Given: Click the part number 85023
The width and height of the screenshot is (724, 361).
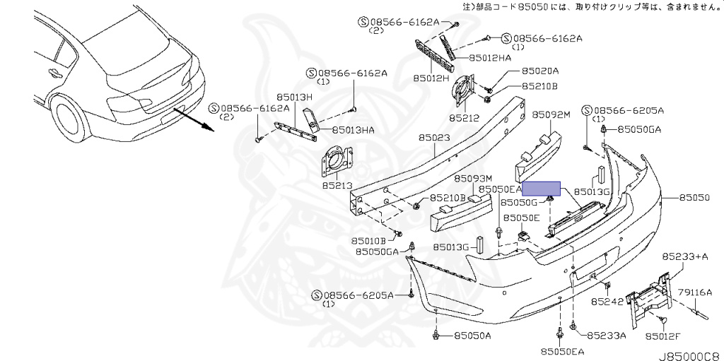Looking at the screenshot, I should click(x=433, y=138).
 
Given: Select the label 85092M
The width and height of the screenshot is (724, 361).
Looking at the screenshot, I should click(x=551, y=114).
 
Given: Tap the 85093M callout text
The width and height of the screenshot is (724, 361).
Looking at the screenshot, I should click(x=472, y=179).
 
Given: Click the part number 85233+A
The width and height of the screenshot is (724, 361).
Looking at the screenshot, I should click(x=684, y=256).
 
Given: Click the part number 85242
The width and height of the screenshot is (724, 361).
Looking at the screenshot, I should click(x=607, y=302).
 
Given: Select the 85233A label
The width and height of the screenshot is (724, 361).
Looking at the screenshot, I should click(x=607, y=336).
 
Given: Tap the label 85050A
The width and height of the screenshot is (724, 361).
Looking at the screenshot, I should click(x=472, y=336).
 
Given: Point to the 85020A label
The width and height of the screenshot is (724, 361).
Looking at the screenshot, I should click(x=540, y=71).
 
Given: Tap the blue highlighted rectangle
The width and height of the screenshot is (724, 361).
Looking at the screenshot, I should click(x=541, y=189).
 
